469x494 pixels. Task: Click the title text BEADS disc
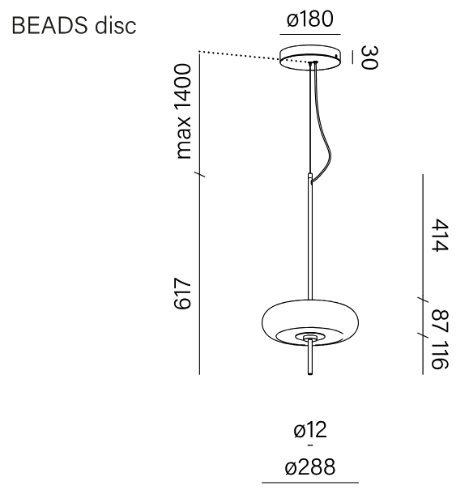pyautogui.click(x=74, y=25)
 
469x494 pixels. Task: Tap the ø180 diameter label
pyautogui.click(x=309, y=19)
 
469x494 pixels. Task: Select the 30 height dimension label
pyautogui.click(x=369, y=57)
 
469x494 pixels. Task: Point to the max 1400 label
pyautogui.click(x=183, y=111)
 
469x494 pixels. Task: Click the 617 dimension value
pyautogui.click(x=183, y=293)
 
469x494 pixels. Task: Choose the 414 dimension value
pyautogui.click(x=439, y=236)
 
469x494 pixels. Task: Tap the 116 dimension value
pyautogui.click(x=439, y=355)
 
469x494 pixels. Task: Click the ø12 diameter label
pyautogui.click(x=310, y=430)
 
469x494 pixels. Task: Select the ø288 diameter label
pyautogui.click(x=310, y=466)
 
